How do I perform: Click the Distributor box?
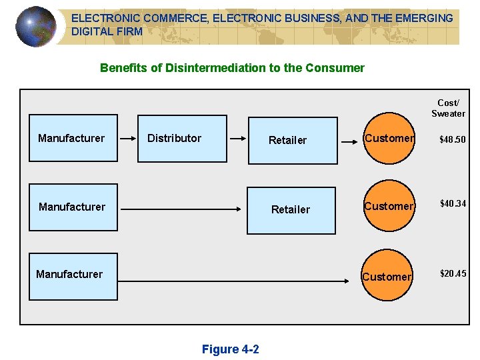(x=182, y=139)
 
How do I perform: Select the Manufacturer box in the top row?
(x=73, y=139)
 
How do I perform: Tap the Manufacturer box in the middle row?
(x=73, y=207)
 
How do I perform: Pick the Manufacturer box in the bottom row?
(x=73, y=276)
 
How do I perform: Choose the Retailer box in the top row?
(x=292, y=141)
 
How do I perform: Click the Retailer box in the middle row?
(x=292, y=210)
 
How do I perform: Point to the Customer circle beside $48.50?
(x=389, y=139)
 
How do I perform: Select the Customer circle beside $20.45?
(x=387, y=276)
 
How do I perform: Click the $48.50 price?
(x=452, y=139)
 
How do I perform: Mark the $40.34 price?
(x=452, y=203)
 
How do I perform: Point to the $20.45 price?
(x=453, y=273)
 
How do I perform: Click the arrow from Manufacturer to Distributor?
(x=127, y=139)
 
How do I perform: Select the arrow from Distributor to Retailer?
(x=237, y=139)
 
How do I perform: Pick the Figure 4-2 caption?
(x=230, y=349)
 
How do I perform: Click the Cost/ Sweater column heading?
(x=448, y=108)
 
